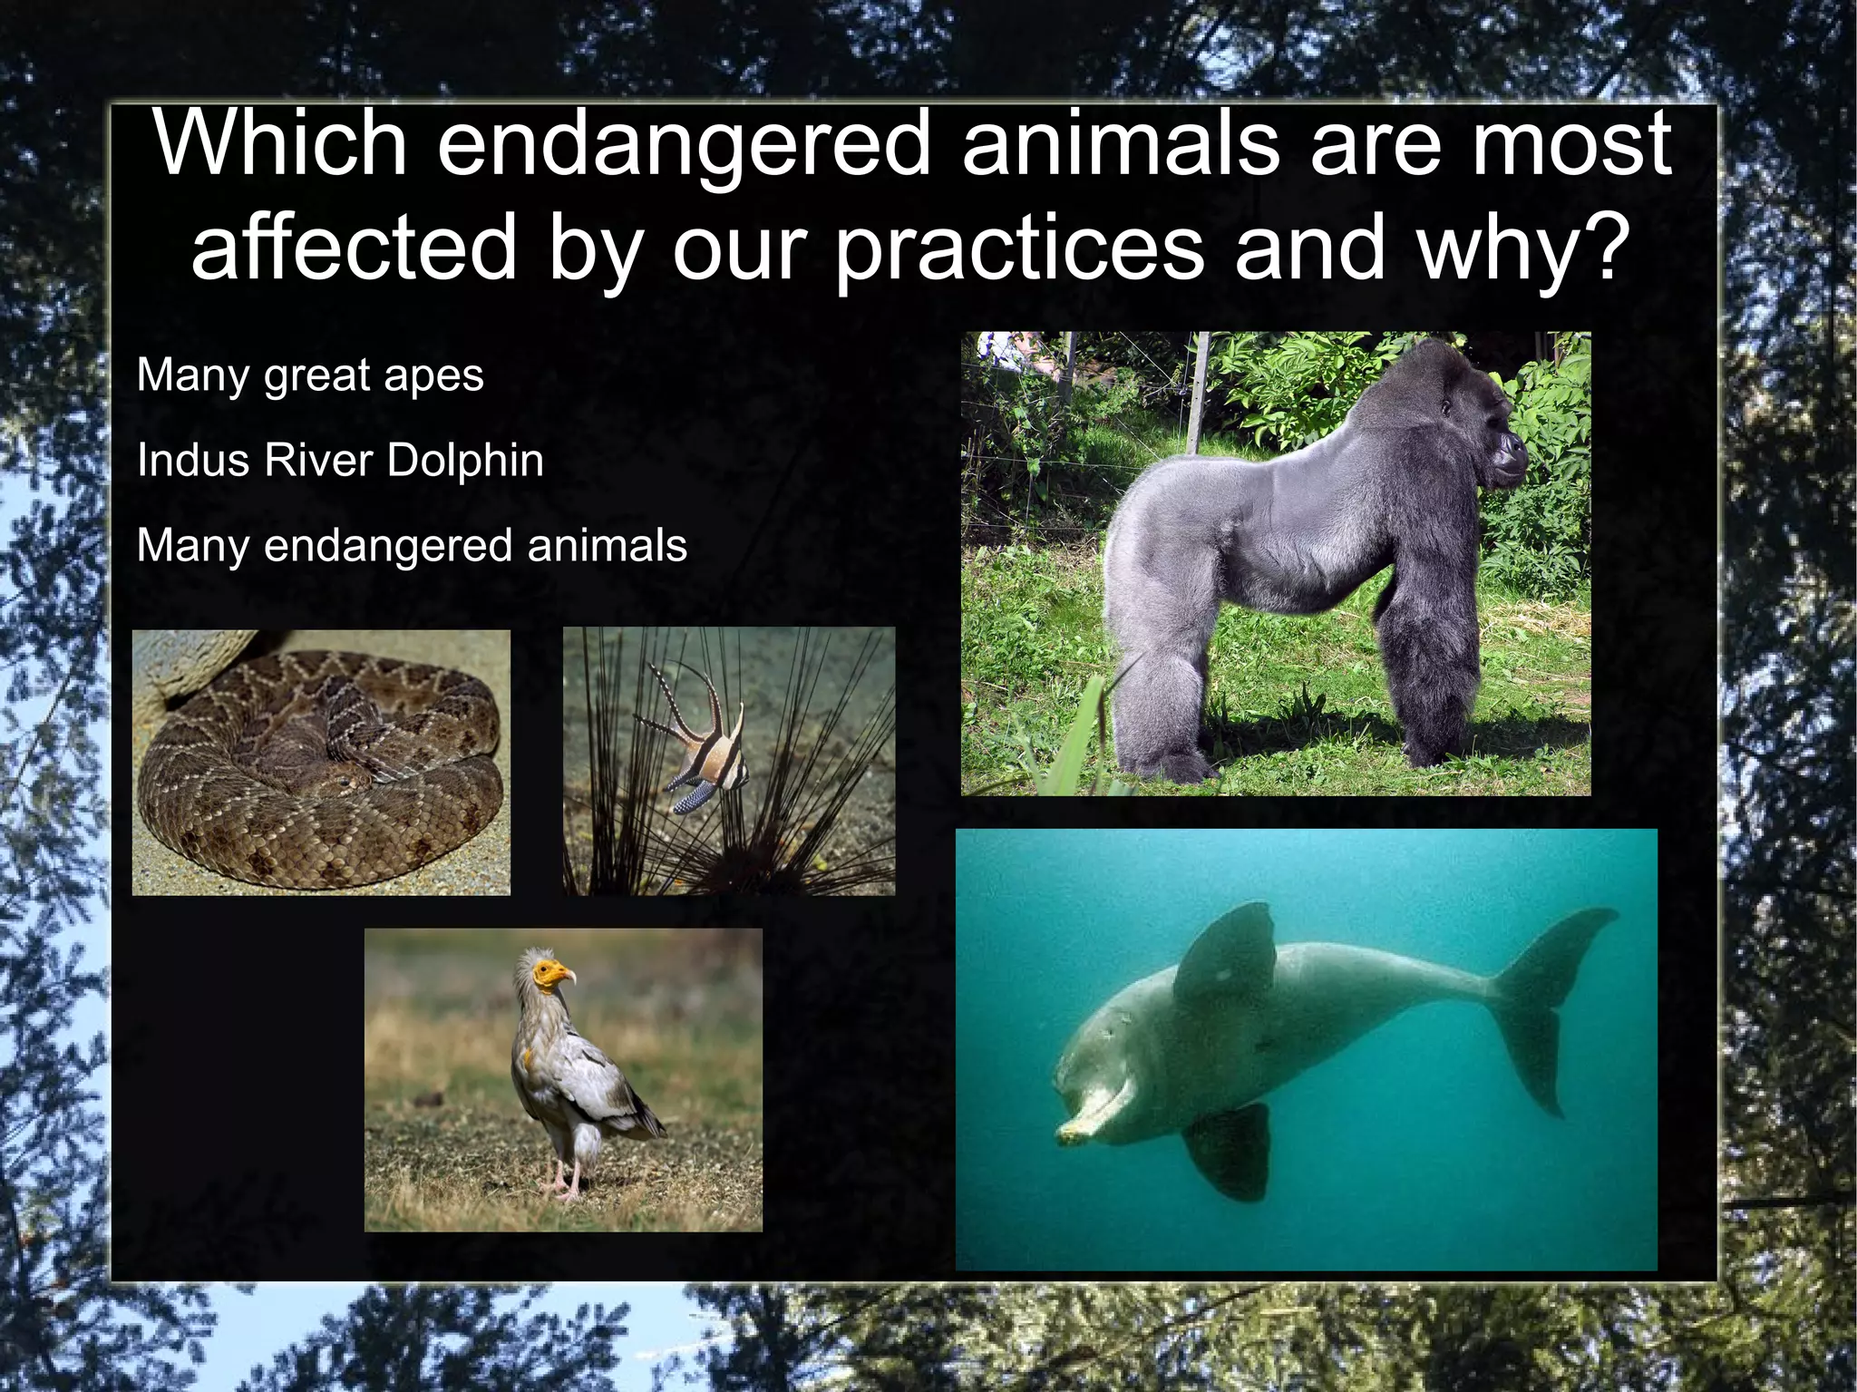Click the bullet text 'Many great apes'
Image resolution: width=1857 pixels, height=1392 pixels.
tap(310, 375)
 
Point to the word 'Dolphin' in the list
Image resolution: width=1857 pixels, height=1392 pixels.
tap(465, 460)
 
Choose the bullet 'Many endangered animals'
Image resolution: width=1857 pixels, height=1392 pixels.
tap(412, 546)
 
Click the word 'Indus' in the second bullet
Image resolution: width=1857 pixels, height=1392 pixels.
tap(191, 460)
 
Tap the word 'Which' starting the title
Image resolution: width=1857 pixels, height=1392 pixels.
tap(281, 145)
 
